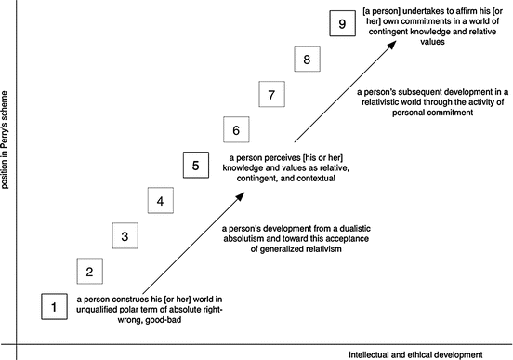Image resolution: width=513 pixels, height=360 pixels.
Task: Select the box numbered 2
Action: click(x=89, y=272)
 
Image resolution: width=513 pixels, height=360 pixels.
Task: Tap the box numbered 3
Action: click(x=125, y=236)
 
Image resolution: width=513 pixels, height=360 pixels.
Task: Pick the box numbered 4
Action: click(x=161, y=201)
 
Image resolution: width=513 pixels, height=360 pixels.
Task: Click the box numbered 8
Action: click(x=307, y=60)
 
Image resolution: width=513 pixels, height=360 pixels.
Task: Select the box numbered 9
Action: click(x=343, y=24)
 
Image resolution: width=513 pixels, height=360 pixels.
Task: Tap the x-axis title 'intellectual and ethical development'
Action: click(x=416, y=354)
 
